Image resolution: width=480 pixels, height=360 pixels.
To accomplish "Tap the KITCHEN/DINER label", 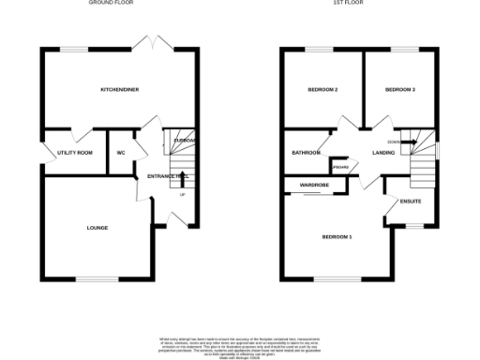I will click(x=119, y=90).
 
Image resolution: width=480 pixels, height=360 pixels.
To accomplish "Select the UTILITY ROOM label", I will click(x=74, y=152).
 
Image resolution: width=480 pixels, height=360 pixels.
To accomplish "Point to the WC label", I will click(x=121, y=152).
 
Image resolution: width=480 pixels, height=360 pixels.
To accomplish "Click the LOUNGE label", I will click(x=97, y=228).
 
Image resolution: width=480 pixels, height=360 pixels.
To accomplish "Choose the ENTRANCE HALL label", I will click(x=163, y=175).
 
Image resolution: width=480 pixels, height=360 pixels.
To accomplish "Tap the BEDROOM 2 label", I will click(x=322, y=90).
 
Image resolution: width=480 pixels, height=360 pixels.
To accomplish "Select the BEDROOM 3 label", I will click(x=399, y=90).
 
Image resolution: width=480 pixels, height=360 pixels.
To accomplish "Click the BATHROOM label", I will click(x=307, y=152).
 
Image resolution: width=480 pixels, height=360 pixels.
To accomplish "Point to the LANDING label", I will click(x=382, y=152).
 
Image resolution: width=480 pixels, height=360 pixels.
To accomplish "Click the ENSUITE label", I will click(x=411, y=202).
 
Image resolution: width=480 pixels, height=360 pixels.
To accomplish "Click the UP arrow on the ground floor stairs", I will click(x=182, y=195).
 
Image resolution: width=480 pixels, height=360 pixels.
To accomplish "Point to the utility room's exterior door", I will click(x=43, y=155).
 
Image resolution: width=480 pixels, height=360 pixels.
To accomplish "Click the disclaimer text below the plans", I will click(x=239, y=343).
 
